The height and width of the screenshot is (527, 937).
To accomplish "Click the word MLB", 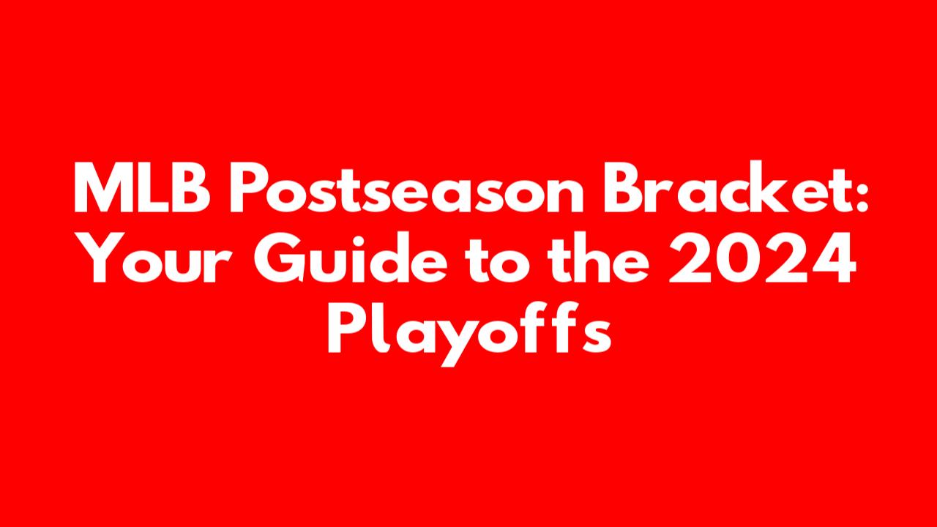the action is click(142, 188).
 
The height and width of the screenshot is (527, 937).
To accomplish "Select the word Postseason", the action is click(406, 188).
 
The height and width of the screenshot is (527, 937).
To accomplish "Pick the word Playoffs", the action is click(469, 332).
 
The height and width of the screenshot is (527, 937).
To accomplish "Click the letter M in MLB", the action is click(101, 188).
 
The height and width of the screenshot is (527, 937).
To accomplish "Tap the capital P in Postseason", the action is click(250, 188).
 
